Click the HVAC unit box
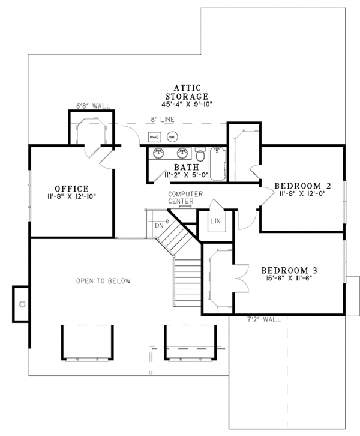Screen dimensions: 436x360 coord(154,136)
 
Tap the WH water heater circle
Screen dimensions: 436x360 coord(172,136)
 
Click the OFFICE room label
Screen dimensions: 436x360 coord(71,188)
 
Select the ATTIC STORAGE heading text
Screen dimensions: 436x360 coord(188,92)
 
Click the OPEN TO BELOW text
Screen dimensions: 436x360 coord(103,280)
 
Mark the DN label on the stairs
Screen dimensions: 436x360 coord(159,226)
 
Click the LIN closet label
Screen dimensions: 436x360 coord(216,222)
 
